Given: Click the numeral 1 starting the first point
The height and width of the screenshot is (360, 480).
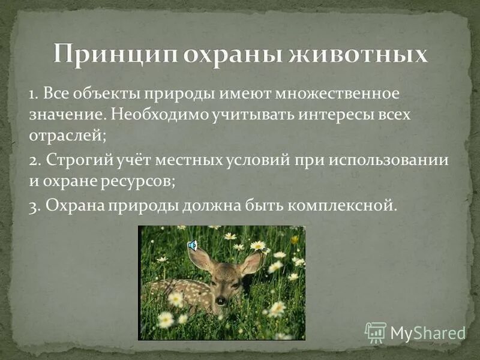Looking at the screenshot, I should tap(32, 95).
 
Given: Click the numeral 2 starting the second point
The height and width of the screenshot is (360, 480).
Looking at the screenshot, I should tap(34, 161).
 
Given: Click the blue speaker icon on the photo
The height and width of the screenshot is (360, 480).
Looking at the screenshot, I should tap(193, 245).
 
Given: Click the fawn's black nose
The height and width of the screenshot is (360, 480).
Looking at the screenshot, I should tap(221, 301).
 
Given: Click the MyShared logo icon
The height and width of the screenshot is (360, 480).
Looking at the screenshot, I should tap(376, 332).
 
